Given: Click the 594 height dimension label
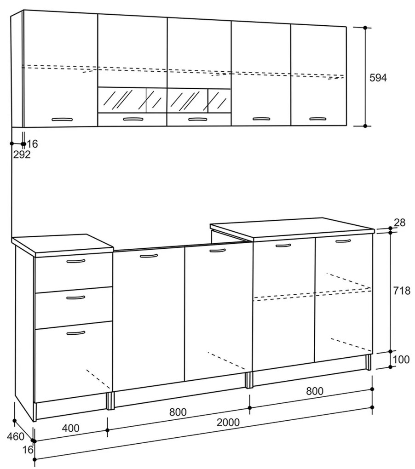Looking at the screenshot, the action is pos(378,78).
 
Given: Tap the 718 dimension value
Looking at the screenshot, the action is pos(402,291).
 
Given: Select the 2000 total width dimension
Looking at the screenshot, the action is pos(228,423).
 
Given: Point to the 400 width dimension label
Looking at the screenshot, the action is pos(70,428).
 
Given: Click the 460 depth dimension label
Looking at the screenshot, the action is pos(16,436).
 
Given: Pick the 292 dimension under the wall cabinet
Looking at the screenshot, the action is pos(22,154).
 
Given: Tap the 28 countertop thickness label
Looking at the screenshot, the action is pos(399,223).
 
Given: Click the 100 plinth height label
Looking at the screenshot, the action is pos(401,359).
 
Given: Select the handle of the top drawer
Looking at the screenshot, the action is pos(76,261).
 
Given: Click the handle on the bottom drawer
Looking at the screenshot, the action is pos(76,333).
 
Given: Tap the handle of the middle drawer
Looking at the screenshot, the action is pos(76,297).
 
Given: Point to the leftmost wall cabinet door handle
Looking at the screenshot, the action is pos(62,120).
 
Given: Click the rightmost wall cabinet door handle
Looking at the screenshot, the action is pos(318,119).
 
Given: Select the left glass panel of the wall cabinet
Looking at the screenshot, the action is pos(122,100).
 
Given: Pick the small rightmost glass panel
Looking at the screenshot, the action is pos(219,101).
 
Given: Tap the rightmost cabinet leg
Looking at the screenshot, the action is pos(368,362).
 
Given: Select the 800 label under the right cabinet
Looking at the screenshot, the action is pos(314,391).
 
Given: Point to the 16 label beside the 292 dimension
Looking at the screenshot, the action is pos(33,144).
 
